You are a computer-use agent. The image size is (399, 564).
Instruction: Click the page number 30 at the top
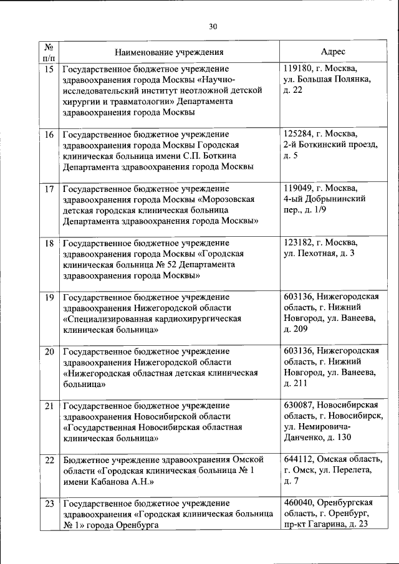(x=213, y=27)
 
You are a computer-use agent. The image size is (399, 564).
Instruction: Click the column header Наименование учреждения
(x=169, y=52)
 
